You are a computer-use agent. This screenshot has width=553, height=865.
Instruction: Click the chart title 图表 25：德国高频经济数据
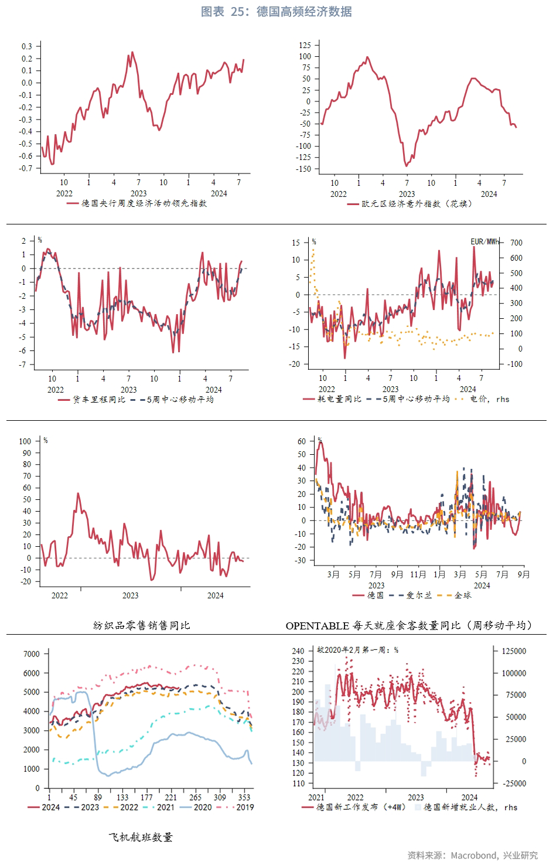(276, 12)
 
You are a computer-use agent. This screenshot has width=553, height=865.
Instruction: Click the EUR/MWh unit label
(485, 241)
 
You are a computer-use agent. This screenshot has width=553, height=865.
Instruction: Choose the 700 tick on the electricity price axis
(516, 243)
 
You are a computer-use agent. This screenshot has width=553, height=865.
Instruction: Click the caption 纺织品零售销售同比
(142, 625)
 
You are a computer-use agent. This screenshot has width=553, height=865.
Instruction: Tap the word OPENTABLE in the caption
(317, 626)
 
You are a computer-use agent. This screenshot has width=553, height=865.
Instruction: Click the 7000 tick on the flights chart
(32, 654)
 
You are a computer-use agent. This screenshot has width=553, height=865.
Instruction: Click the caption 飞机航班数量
(141, 837)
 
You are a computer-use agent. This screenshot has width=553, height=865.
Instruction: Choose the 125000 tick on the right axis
(514, 651)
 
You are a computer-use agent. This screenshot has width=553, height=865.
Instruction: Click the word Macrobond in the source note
(473, 856)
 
